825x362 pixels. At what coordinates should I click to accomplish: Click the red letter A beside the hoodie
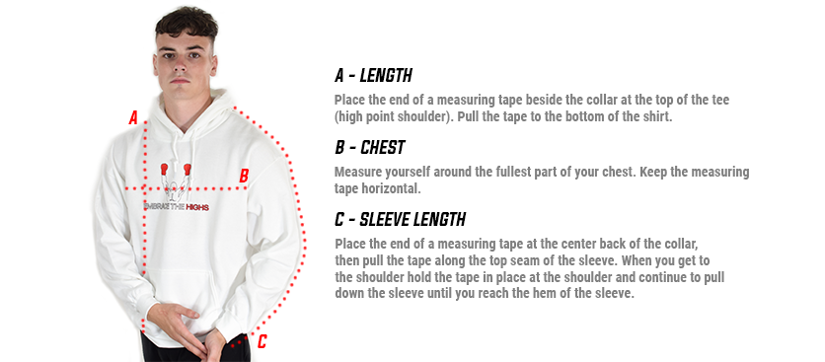click(x=133, y=117)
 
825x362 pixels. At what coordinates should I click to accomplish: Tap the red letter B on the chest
click(x=244, y=176)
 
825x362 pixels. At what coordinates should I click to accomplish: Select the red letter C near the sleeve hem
click(x=262, y=342)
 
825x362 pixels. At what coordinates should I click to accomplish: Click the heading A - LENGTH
click(x=373, y=76)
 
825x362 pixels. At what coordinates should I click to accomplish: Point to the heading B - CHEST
click(x=370, y=148)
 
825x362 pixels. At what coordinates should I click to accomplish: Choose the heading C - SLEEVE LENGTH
click(x=400, y=219)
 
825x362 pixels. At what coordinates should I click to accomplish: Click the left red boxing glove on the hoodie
click(x=164, y=169)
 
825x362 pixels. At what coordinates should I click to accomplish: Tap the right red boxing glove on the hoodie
click(x=187, y=169)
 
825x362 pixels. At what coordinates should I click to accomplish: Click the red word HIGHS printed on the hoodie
click(x=197, y=207)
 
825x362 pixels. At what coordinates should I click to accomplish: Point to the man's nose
click(x=180, y=66)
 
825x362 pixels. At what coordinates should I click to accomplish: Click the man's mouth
click(x=181, y=81)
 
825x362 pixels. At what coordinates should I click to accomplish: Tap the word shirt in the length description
click(x=655, y=116)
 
